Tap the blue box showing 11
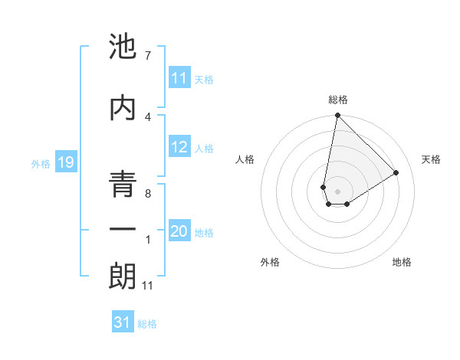pos(179,79)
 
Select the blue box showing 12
pos(179,148)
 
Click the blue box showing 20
pos(179,232)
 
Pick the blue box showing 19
pos(65,162)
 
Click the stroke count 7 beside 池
pos(147,56)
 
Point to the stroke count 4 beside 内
pos(147,116)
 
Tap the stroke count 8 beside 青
pos(147,195)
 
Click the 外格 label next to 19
pos(40,163)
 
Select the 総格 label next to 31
pos(147,324)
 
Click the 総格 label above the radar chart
pos(337,100)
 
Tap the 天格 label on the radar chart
pos(432,159)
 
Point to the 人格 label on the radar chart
pos(245,159)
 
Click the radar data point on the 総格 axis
pos(337,116)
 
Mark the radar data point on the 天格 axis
pos(396,172)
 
